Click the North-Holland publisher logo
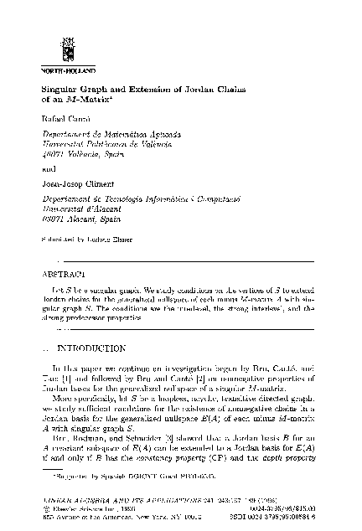pos(51,36)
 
